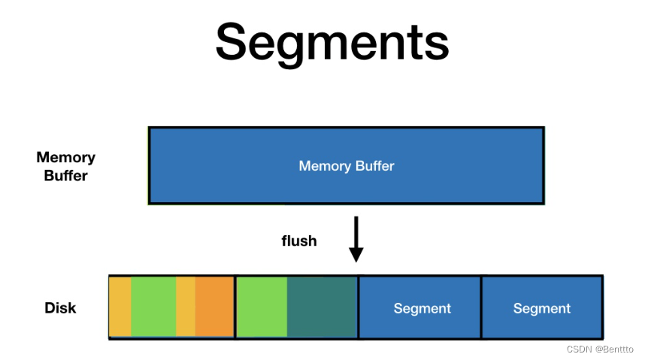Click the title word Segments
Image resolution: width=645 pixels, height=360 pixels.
[332, 42]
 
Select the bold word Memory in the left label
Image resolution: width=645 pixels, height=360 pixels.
[66, 157]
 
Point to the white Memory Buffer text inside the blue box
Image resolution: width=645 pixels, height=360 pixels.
[346, 165]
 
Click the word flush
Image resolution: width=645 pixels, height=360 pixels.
[299, 241]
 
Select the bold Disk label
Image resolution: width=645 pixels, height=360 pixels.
[60, 308]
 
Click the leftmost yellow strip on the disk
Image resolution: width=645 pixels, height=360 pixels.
[120, 307]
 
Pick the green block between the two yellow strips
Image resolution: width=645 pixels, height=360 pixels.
[153, 307]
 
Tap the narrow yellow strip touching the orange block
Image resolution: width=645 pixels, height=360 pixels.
[186, 307]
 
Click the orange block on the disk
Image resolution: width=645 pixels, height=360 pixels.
[214, 307]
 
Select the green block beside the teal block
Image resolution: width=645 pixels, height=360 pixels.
[262, 307]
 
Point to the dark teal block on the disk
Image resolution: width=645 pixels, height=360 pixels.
[322, 307]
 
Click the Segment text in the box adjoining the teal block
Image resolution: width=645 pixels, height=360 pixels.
[422, 308]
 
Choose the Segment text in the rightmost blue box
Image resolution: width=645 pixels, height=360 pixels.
[541, 308]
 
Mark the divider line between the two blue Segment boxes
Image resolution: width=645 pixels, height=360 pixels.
[481, 307]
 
